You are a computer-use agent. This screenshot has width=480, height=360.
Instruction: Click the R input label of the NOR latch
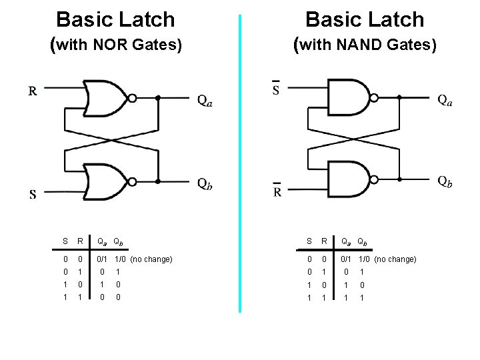(33, 91)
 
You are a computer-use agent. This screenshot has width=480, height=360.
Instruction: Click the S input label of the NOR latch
(32, 195)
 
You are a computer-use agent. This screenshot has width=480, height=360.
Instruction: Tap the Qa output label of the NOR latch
(205, 101)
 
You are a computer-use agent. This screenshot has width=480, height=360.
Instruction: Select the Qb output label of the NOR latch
(205, 185)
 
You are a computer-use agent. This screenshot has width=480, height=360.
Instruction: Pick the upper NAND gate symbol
(350, 97)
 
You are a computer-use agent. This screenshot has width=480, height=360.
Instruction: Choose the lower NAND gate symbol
(350, 178)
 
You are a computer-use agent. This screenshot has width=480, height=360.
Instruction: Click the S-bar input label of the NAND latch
(277, 89)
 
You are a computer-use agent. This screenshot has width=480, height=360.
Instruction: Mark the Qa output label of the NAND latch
(445, 100)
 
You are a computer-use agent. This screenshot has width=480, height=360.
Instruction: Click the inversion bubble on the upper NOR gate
(132, 98)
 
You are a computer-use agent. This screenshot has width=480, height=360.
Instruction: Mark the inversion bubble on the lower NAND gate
(375, 178)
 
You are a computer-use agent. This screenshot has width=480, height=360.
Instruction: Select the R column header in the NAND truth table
(323, 241)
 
